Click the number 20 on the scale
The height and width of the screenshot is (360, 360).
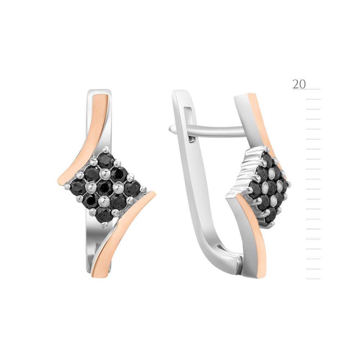pyautogui.click(x=299, y=84)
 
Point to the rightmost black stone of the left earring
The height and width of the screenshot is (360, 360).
pyautogui.click(x=132, y=188)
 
